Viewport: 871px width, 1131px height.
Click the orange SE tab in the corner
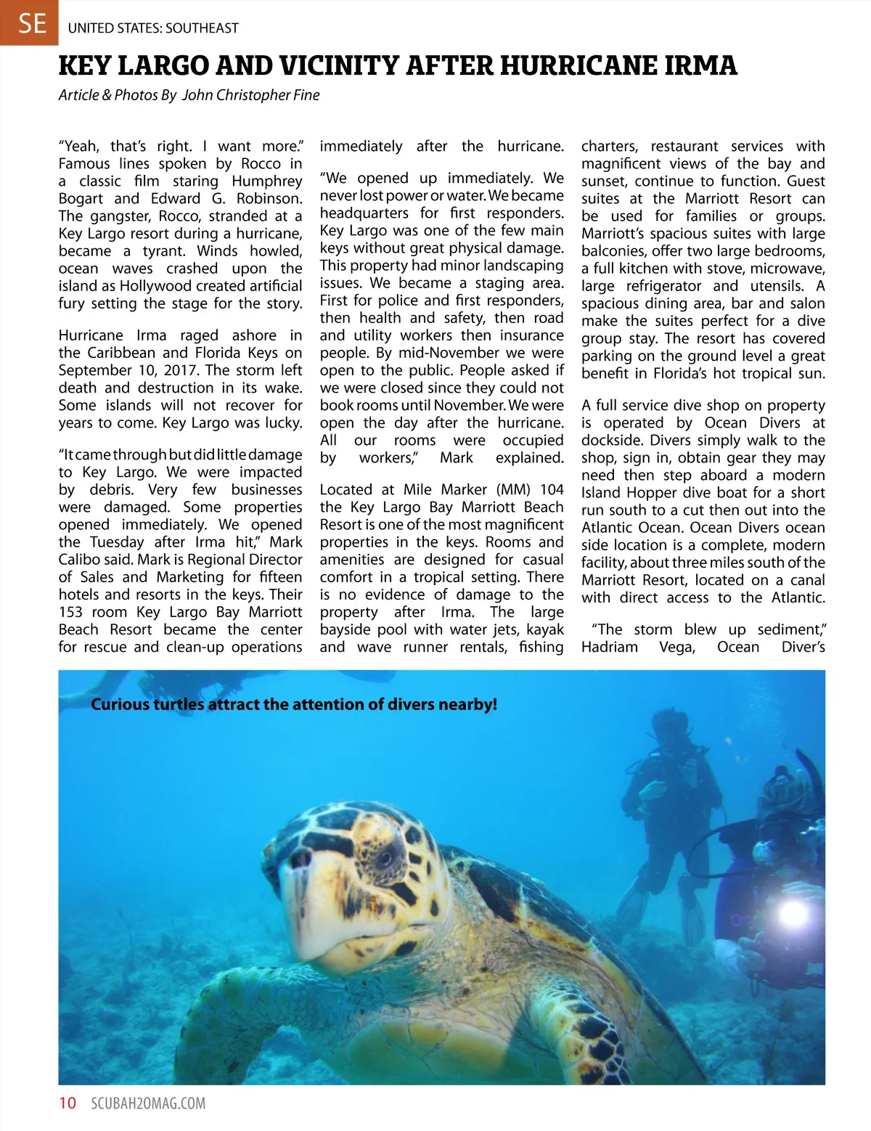tap(29, 23)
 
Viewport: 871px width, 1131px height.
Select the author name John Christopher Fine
tap(250, 95)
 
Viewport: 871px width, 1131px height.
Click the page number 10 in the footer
tap(68, 1103)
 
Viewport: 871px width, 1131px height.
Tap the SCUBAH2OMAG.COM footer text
tap(148, 1103)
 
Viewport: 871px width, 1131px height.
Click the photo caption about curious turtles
tap(294, 704)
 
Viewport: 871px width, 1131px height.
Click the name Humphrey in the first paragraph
tap(266, 181)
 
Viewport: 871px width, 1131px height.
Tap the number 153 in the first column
tap(70, 612)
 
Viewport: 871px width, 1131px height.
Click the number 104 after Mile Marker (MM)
tap(552, 490)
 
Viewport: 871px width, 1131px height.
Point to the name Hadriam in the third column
tap(610, 647)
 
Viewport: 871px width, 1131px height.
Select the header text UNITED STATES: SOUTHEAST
tap(153, 28)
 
